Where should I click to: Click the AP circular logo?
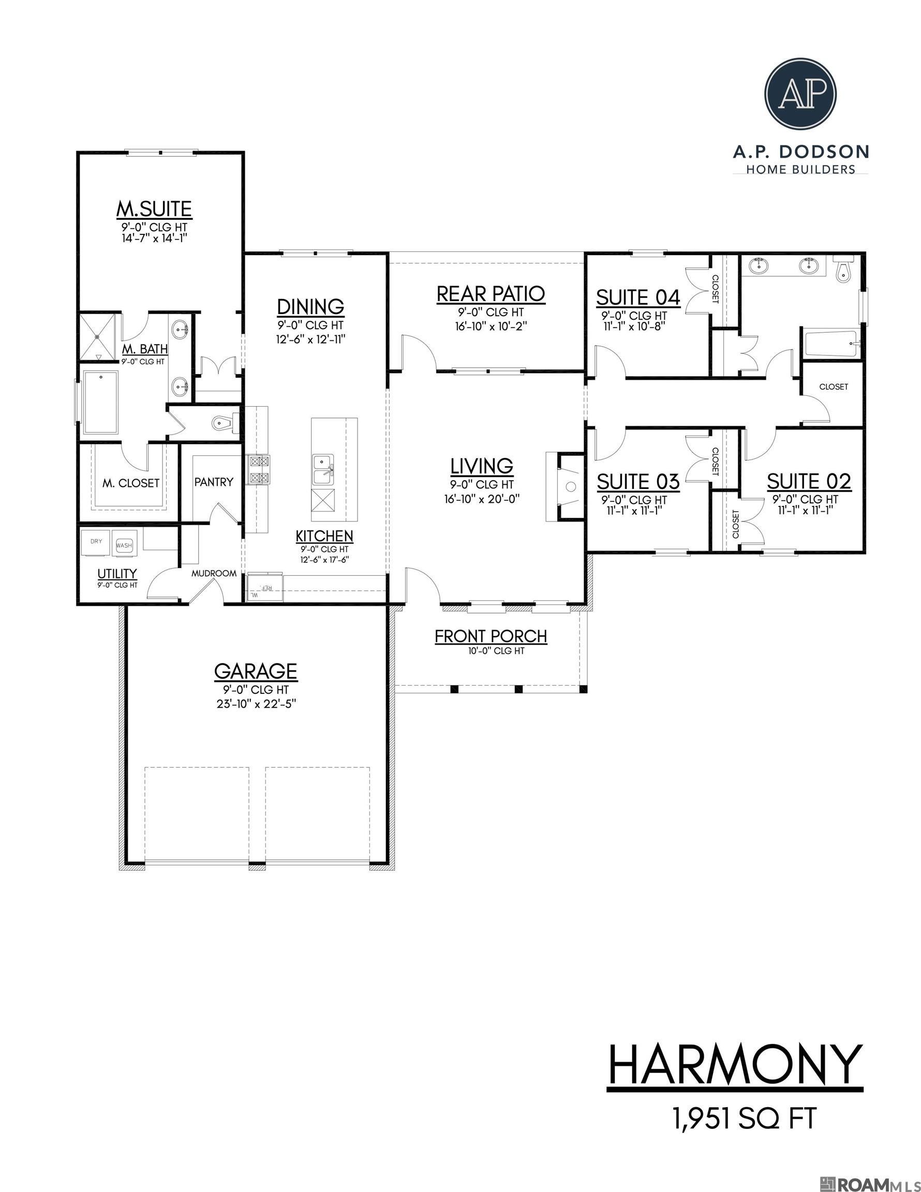coord(800,94)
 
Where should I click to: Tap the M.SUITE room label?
coord(154,208)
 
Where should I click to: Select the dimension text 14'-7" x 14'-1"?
coord(155,238)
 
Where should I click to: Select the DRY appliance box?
coord(96,542)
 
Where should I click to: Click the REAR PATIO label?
coord(491,294)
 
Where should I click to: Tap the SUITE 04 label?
coord(637,297)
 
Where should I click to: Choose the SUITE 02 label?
coord(809,481)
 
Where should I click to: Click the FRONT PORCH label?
coord(491,636)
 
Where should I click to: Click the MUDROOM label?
coord(214,573)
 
